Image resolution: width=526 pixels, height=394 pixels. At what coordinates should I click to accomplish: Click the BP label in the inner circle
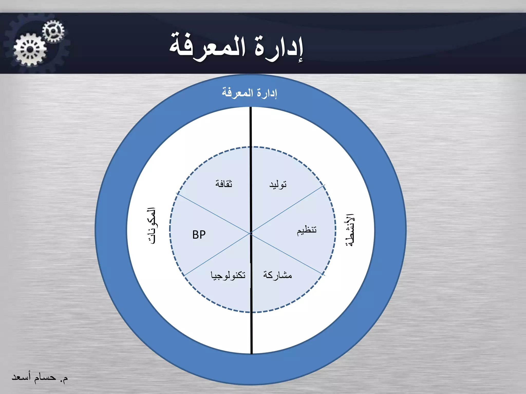[199, 235]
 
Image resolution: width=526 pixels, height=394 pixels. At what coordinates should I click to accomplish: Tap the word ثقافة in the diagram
[224, 184]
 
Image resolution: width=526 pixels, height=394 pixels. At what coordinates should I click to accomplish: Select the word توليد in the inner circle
[278, 184]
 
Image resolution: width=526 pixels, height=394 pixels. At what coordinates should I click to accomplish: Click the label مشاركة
[277, 275]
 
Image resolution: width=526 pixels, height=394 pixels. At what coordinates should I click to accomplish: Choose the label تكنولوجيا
[228, 275]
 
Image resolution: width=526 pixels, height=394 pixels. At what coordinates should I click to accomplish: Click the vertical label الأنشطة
[350, 230]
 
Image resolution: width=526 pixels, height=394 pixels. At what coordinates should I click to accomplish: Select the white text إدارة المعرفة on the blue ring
[249, 93]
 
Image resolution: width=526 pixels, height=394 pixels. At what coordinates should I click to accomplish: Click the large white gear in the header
[30, 49]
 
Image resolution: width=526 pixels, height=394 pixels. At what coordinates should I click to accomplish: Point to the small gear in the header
[53, 31]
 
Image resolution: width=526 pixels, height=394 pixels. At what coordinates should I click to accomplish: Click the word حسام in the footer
[45, 377]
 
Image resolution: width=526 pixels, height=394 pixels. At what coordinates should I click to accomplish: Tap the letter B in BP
[195, 235]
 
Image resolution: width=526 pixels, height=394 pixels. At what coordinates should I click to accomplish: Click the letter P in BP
[203, 235]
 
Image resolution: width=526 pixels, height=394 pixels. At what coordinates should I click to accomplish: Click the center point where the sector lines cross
[250, 233]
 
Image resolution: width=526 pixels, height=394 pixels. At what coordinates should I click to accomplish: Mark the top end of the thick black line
[251, 108]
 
